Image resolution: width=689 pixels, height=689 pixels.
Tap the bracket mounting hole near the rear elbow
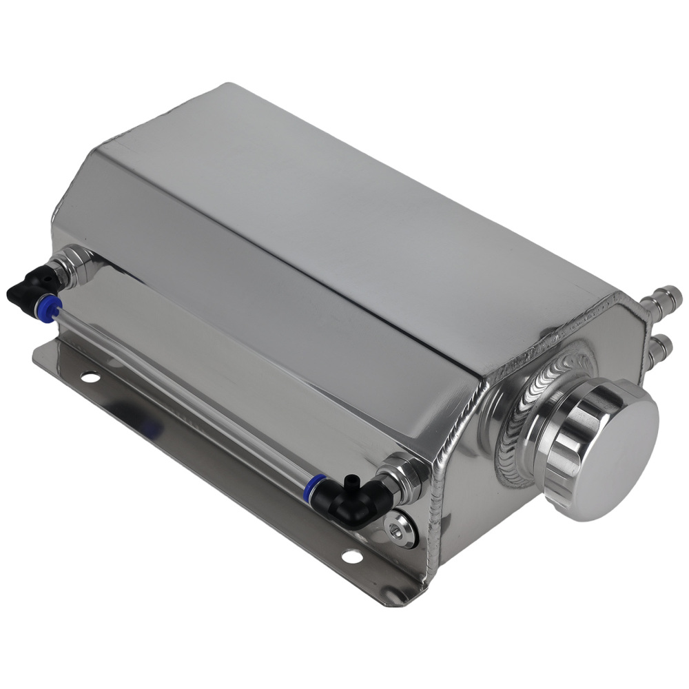[x=90, y=376]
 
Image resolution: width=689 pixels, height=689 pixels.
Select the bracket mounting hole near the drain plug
[x=351, y=555]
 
